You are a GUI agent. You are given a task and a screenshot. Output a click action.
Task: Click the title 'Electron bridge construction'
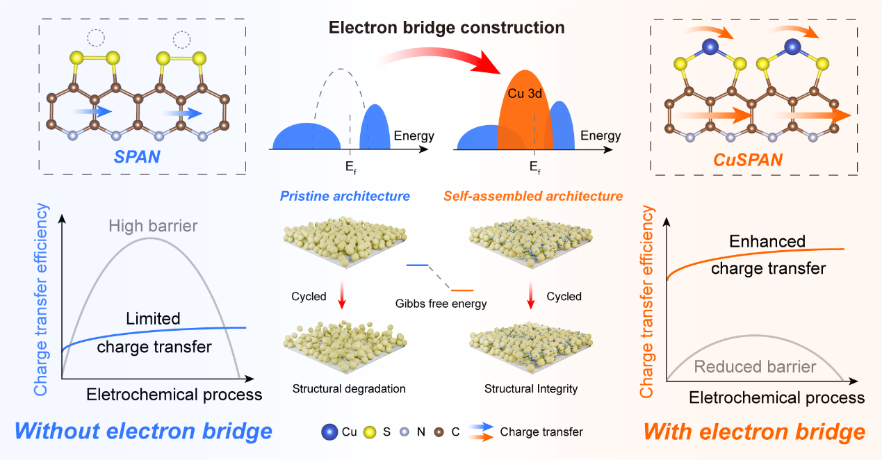tap(446, 28)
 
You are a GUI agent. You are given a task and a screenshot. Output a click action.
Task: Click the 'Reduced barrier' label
tap(755, 366)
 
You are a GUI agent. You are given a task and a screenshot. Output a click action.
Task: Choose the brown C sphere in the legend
tap(440, 432)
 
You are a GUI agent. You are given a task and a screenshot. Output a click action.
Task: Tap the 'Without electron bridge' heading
tap(143, 432)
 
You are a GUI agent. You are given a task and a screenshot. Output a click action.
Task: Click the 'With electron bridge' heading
tap(754, 432)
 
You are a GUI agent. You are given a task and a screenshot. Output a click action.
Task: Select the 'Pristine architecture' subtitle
tap(345, 196)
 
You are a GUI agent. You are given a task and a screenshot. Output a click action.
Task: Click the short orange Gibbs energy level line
tap(463, 289)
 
